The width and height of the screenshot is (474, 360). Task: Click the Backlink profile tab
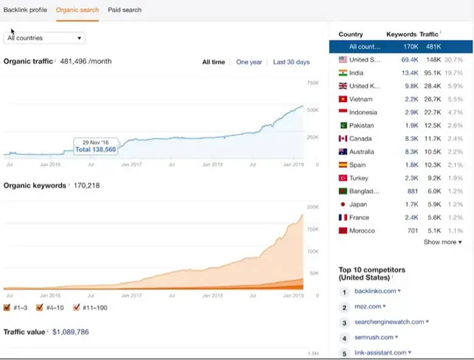tap(25, 10)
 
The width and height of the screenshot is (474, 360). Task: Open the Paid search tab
tap(125, 10)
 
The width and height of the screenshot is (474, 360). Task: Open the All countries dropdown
tap(44, 38)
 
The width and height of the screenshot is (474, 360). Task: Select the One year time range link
tap(249, 62)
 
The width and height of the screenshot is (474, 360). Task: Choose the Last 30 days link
tap(291, 62)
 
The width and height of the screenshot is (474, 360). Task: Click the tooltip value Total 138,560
tap(95, 149)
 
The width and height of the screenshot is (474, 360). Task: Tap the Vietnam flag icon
tap(343, 99)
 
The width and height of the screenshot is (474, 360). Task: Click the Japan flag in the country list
tap(343, 205)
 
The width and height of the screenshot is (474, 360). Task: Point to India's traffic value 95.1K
tap(433, 73)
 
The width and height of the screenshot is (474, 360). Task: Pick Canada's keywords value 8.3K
tap(410, 139)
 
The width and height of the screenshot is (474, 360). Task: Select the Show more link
tap(441, 242)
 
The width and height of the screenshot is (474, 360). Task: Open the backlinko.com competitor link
tap(375, 291)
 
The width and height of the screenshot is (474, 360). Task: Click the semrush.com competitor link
tap(375, 338)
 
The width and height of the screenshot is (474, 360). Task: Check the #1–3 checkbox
tap(7, 308)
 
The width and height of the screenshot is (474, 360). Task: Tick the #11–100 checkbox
tap(77, 308)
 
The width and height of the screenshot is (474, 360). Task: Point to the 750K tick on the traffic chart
tap(313, 82)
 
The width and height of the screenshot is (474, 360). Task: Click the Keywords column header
tap(401, 35)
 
